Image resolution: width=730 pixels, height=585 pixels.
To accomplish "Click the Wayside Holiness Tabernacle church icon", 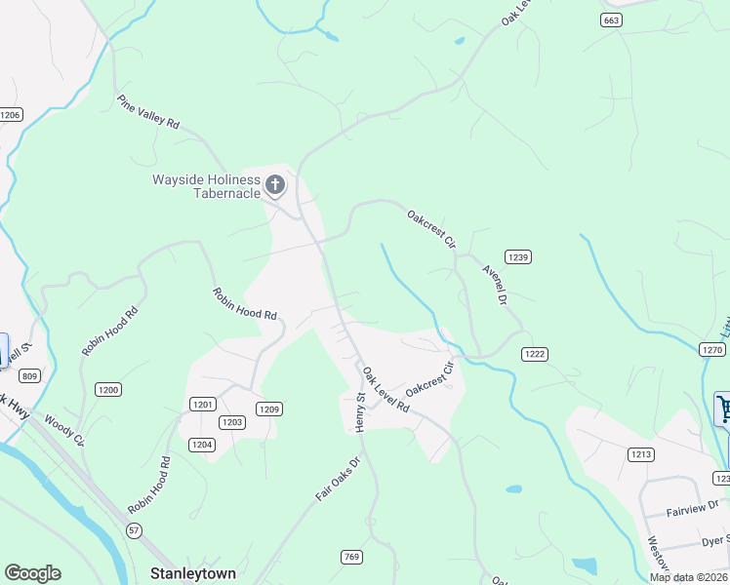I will point(275,184).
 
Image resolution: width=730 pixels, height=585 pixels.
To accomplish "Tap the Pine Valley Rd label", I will point(148,112).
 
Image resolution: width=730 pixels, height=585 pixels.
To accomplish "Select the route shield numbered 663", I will point(611,19).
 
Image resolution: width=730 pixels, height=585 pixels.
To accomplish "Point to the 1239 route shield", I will point(518,257).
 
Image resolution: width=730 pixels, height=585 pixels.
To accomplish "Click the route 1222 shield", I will point(533,354).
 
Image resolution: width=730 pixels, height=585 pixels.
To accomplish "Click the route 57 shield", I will point(134,528).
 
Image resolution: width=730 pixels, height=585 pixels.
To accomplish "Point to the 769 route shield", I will point(352,557).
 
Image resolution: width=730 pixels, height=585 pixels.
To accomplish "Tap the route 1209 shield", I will point(269,409).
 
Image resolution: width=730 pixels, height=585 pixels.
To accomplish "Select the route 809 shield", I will point(29,376).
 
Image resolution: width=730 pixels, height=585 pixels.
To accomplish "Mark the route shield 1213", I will point(640,453).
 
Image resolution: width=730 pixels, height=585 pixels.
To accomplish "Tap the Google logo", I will point(32,573).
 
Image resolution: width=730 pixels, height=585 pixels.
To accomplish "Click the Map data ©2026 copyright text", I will point(687,577).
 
